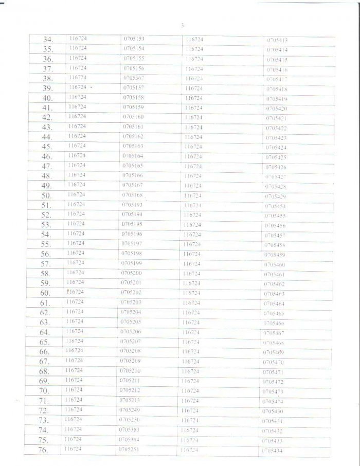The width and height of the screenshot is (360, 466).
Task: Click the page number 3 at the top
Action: (183, 25)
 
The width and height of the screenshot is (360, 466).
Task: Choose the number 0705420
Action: (277, 109)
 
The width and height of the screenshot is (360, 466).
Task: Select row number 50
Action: (47, 195)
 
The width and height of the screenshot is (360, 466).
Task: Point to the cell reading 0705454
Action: (276, 206)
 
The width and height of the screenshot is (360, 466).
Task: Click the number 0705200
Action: (131, 273)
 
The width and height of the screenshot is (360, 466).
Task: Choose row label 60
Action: (45, 293)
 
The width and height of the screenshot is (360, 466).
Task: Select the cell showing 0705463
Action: (274, 294)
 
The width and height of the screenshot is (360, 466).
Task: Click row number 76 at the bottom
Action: (43, 451)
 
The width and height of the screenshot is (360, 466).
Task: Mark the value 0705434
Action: (272, 451)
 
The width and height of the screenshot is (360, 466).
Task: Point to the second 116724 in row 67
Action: (190, 362)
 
